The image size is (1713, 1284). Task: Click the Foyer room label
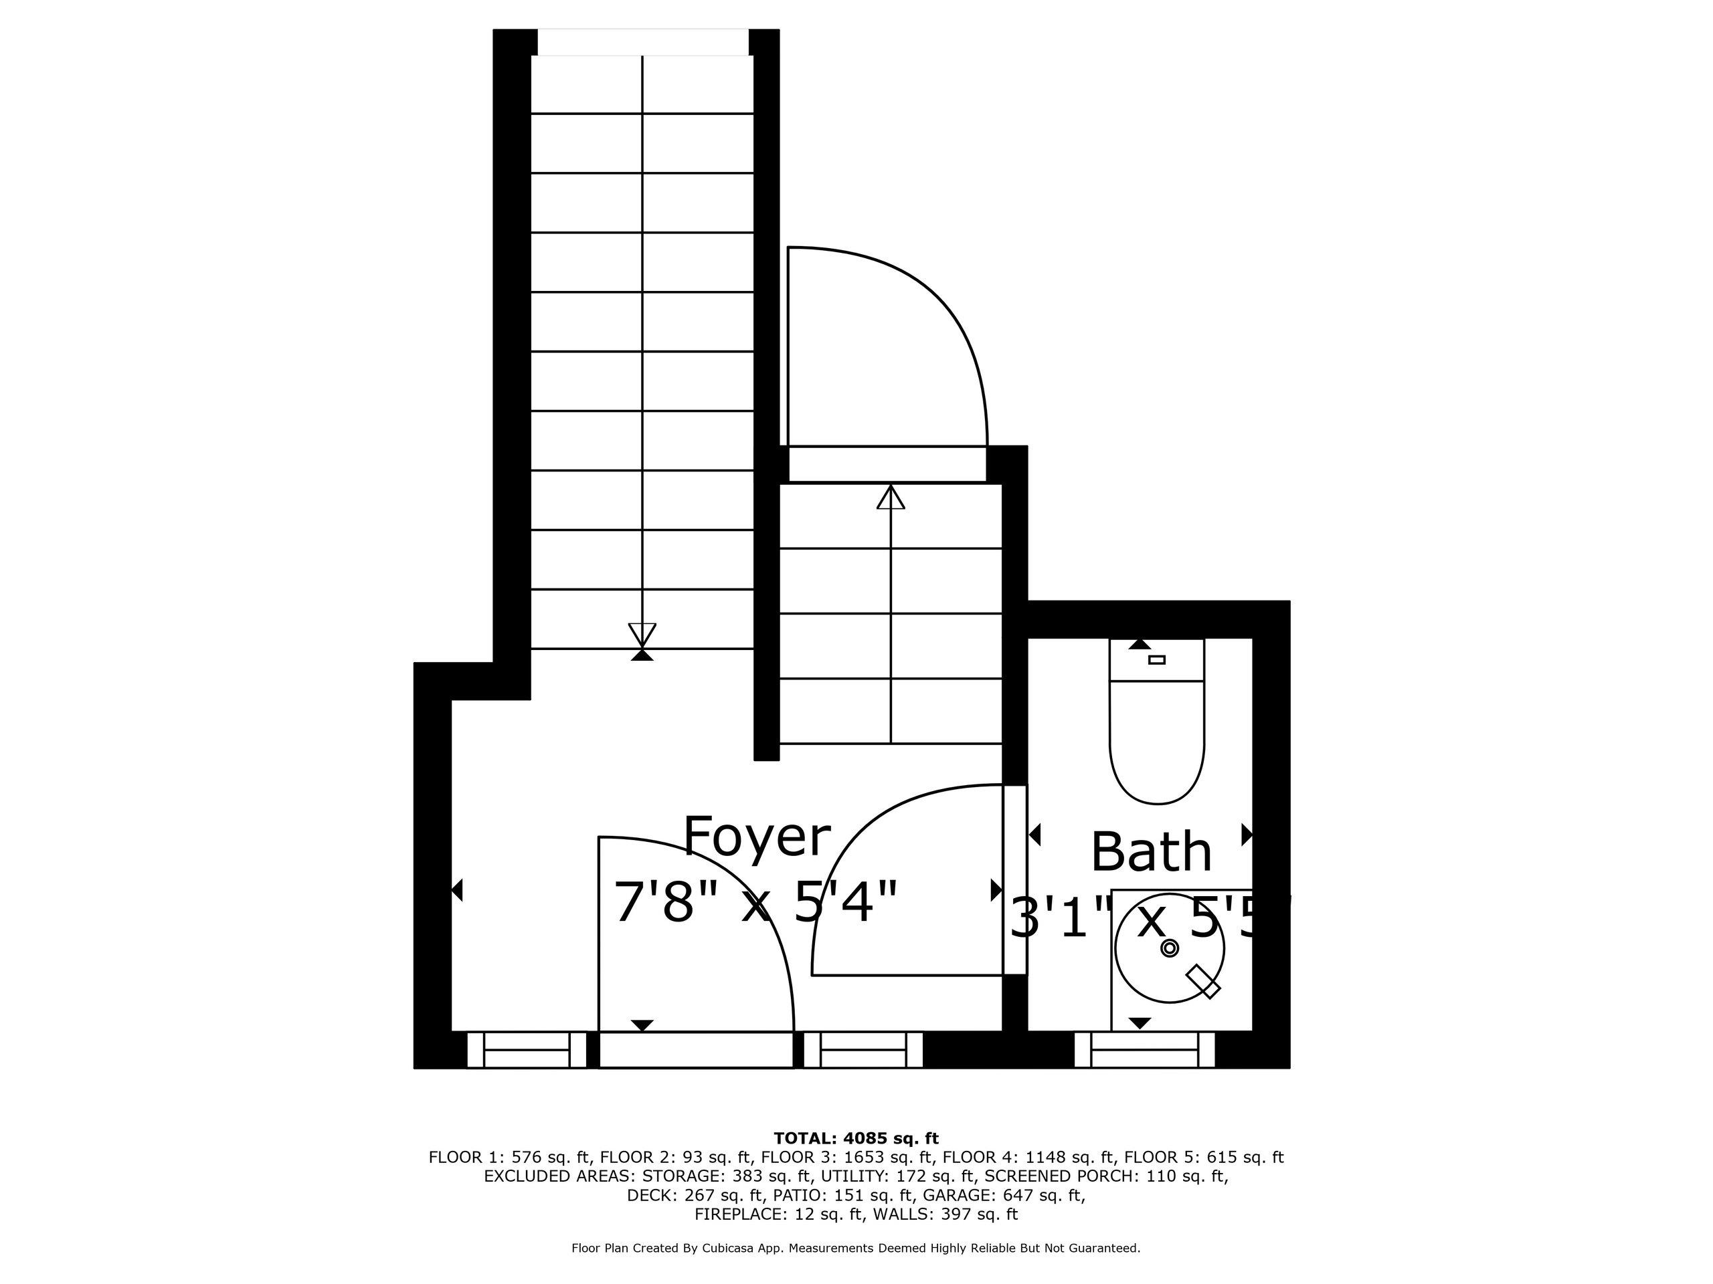coord(757,837)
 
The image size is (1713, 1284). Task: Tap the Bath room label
coord(1151,852)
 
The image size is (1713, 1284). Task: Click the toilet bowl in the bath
coord(1157,742)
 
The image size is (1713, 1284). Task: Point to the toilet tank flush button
coord(1157,660)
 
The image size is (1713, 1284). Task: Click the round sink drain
coord(1170,948)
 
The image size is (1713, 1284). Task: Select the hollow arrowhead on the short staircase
coord(891,497)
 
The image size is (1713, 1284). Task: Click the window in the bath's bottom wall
coord(1145,1050)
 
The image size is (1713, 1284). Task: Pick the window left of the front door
coord(527,1050)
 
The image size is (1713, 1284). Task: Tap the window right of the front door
coord(863,1050)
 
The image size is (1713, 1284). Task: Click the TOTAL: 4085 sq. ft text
coord(856,1138)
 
